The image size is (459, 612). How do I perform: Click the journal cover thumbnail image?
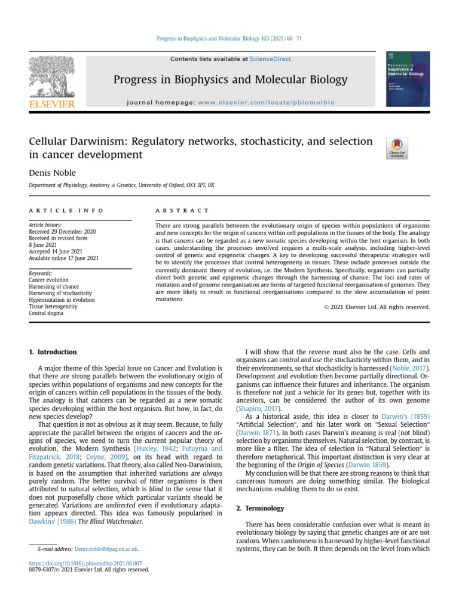tap(408, 79)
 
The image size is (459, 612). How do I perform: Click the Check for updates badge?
tap(397, 148)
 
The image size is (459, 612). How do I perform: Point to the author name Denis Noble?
tap(51, 173)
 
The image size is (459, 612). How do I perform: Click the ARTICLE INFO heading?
tap(66, 210)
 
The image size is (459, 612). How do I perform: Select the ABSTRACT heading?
tap(182, 210)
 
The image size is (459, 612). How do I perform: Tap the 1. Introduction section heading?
tap(53, 352)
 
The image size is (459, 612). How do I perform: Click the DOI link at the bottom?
tap(86, 563)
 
